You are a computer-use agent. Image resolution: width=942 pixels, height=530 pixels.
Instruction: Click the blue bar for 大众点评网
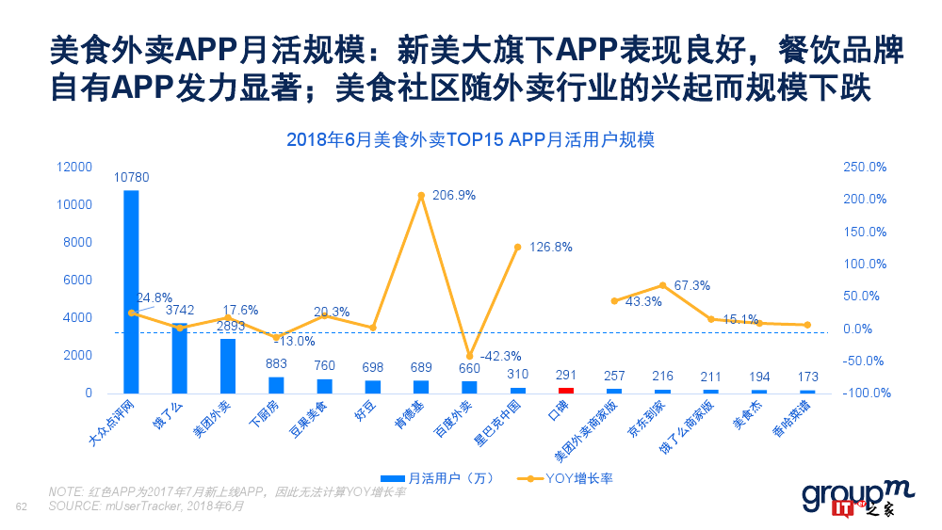coord(131,292)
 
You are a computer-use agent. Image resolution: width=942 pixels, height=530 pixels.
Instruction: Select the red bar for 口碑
coord(566,389)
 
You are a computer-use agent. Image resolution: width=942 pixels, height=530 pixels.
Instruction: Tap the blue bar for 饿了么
coord(179,358)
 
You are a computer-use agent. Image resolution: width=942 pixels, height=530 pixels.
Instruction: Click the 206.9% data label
coord(453,196)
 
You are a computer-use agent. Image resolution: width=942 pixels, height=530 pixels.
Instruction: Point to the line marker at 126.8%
coord(517,247)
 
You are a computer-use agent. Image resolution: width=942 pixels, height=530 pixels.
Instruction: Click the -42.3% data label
coord(501,357)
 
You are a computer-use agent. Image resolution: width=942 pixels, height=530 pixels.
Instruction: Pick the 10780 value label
coord(131,177)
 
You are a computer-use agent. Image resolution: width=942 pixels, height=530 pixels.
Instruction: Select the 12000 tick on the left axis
coord(73,167)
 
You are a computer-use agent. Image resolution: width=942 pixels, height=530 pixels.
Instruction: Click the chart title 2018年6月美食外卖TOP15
coord(470,139)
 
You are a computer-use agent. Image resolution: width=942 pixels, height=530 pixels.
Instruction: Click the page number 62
coord(23,508)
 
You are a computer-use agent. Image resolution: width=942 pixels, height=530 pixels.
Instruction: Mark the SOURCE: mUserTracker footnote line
coord(146,506)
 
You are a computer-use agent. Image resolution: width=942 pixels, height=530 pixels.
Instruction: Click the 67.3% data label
coord(692,285)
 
